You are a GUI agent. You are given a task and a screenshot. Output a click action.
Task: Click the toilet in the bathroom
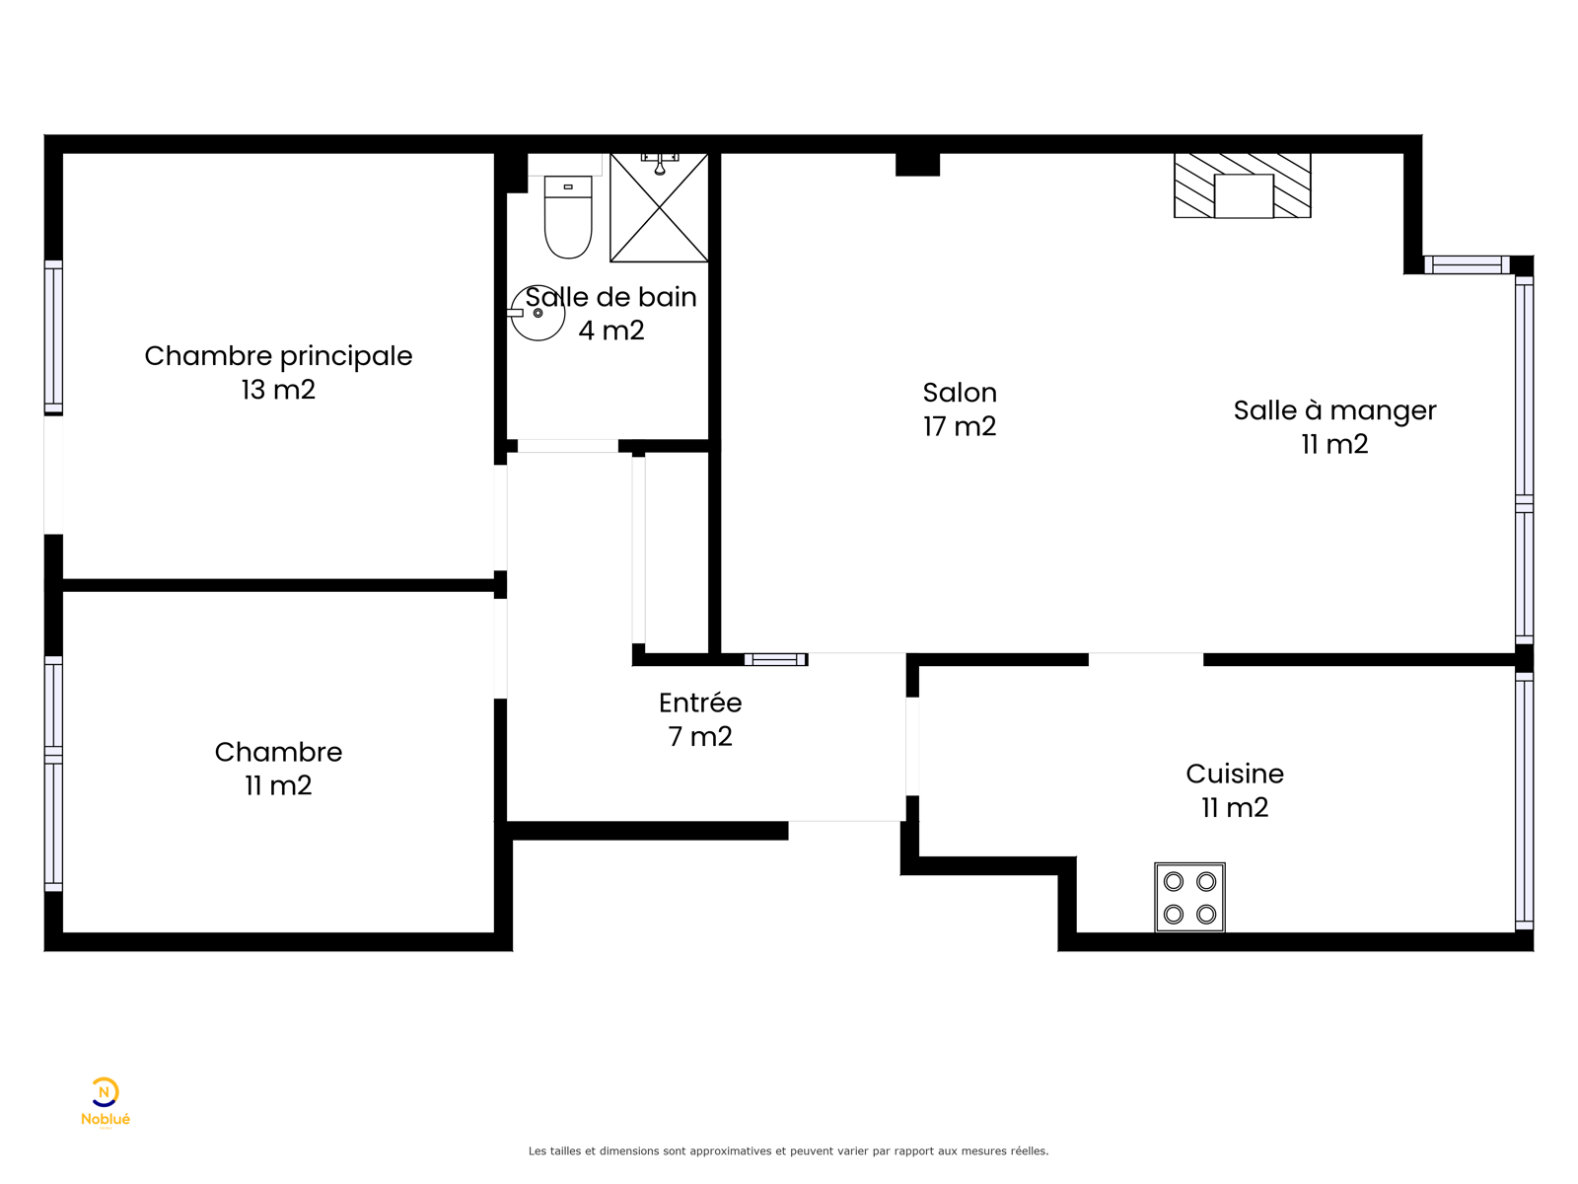[x=568, y=217]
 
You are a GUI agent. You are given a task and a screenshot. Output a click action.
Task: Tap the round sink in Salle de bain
[x=537, y=313]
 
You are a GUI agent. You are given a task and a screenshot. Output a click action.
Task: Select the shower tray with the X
[x=659, y=208]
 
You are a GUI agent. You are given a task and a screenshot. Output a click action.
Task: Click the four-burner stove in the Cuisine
[x=1189, y=898]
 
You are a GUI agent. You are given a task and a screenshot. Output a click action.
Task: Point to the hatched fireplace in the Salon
[x=1243, y=185]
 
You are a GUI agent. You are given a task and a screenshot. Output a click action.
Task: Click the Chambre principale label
[x=278, y=356]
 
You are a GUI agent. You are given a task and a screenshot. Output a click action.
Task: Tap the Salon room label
[x=960, y=393]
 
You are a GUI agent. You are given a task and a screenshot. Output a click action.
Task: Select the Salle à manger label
[x=1335, y=410]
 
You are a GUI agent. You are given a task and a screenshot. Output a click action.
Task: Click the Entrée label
[x=700, y=703]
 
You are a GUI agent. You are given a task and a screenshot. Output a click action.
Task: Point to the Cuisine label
[x=1235, y=774]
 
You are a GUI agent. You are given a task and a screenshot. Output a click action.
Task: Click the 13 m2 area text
[x=278, y=390]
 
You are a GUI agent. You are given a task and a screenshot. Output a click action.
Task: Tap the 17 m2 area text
[x=960, y=426]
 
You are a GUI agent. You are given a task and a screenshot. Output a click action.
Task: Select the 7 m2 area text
[x=700, y=736]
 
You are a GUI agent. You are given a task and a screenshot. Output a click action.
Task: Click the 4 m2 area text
[x=611, y=331]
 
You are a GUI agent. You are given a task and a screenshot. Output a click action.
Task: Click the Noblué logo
[x=105, y=1102]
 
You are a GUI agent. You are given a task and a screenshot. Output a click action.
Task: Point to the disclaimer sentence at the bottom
[x=789, y=1150]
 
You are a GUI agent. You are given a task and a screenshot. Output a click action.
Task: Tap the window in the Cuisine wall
[x=1524, y=801]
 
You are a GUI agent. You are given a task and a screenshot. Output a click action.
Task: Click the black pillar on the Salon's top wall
[x=917, y=165]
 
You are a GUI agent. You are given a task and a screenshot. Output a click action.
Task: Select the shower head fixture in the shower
[x=660, y=164]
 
